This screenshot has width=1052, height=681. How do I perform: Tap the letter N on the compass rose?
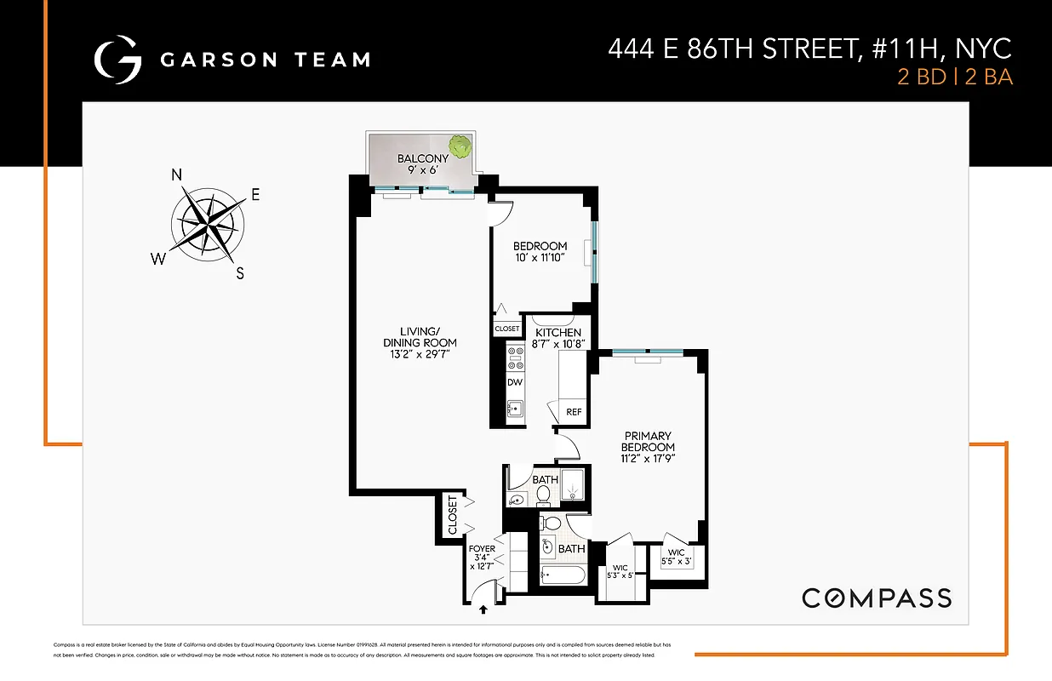coord(178,175)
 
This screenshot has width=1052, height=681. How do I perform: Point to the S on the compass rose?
coord(240,273)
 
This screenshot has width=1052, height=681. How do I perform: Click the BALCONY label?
coord(422,158)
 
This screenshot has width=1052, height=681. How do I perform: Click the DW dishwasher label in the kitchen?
coord(515,383)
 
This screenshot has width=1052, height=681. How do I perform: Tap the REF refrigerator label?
coord(575,412)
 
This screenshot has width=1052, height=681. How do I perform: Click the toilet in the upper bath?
coord(544,494)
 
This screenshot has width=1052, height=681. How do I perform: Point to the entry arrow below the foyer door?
coord(484,609)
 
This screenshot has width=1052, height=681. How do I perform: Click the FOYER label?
coord(482,549)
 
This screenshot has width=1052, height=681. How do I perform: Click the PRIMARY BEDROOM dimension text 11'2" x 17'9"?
coord(648,460)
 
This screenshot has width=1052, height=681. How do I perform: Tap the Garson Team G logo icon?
coord(117,59)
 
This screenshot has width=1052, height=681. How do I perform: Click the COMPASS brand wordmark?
coord(877,598)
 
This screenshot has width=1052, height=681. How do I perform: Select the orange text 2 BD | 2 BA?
coord(955,77)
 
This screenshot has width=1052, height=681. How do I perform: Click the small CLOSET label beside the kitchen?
coord(506,329)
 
